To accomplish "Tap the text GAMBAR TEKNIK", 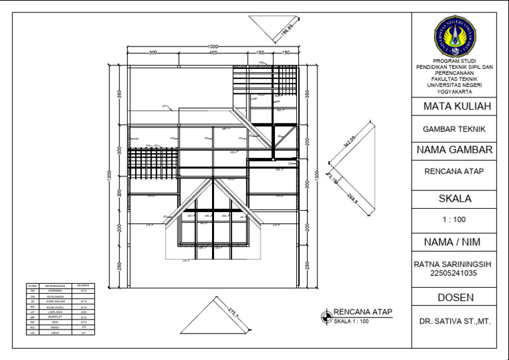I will [x=454, y=129].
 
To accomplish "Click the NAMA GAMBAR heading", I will [x=455, y=150].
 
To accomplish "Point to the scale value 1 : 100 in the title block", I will [x=454, y=219].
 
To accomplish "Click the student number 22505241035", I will [x=455, y=272].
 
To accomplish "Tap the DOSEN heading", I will [x=455, y=297].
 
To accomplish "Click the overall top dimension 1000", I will [x=213, y=46].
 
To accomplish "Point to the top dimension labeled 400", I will [x=213, y=52].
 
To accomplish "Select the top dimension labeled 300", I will [x=153, y=52].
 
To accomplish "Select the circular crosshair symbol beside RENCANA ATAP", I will [x=325, y=316].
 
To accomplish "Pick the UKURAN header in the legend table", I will [x=84, y=286].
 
